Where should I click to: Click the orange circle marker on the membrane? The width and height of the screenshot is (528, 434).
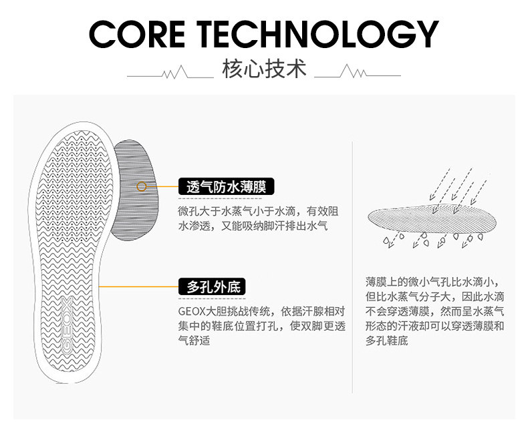coord(142,186)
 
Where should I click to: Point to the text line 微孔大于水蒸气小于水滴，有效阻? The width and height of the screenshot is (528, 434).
coord(257,211)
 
